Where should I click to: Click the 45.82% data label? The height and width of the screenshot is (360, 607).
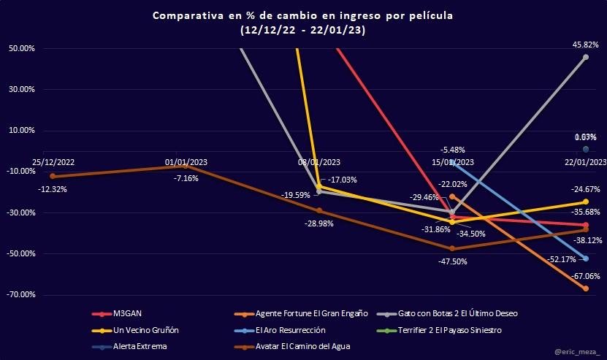pos(586,45)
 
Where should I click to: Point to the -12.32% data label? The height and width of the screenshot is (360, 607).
pos(53,189)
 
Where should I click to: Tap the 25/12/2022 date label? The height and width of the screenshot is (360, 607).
pos(53,161)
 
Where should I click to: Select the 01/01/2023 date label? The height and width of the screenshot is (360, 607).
pos(186,161)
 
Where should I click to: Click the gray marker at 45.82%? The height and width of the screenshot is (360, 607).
pos(586,57)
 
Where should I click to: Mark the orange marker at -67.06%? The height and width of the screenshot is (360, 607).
pos(586,288)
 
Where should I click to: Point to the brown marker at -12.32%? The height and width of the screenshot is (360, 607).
pos(53,176)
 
